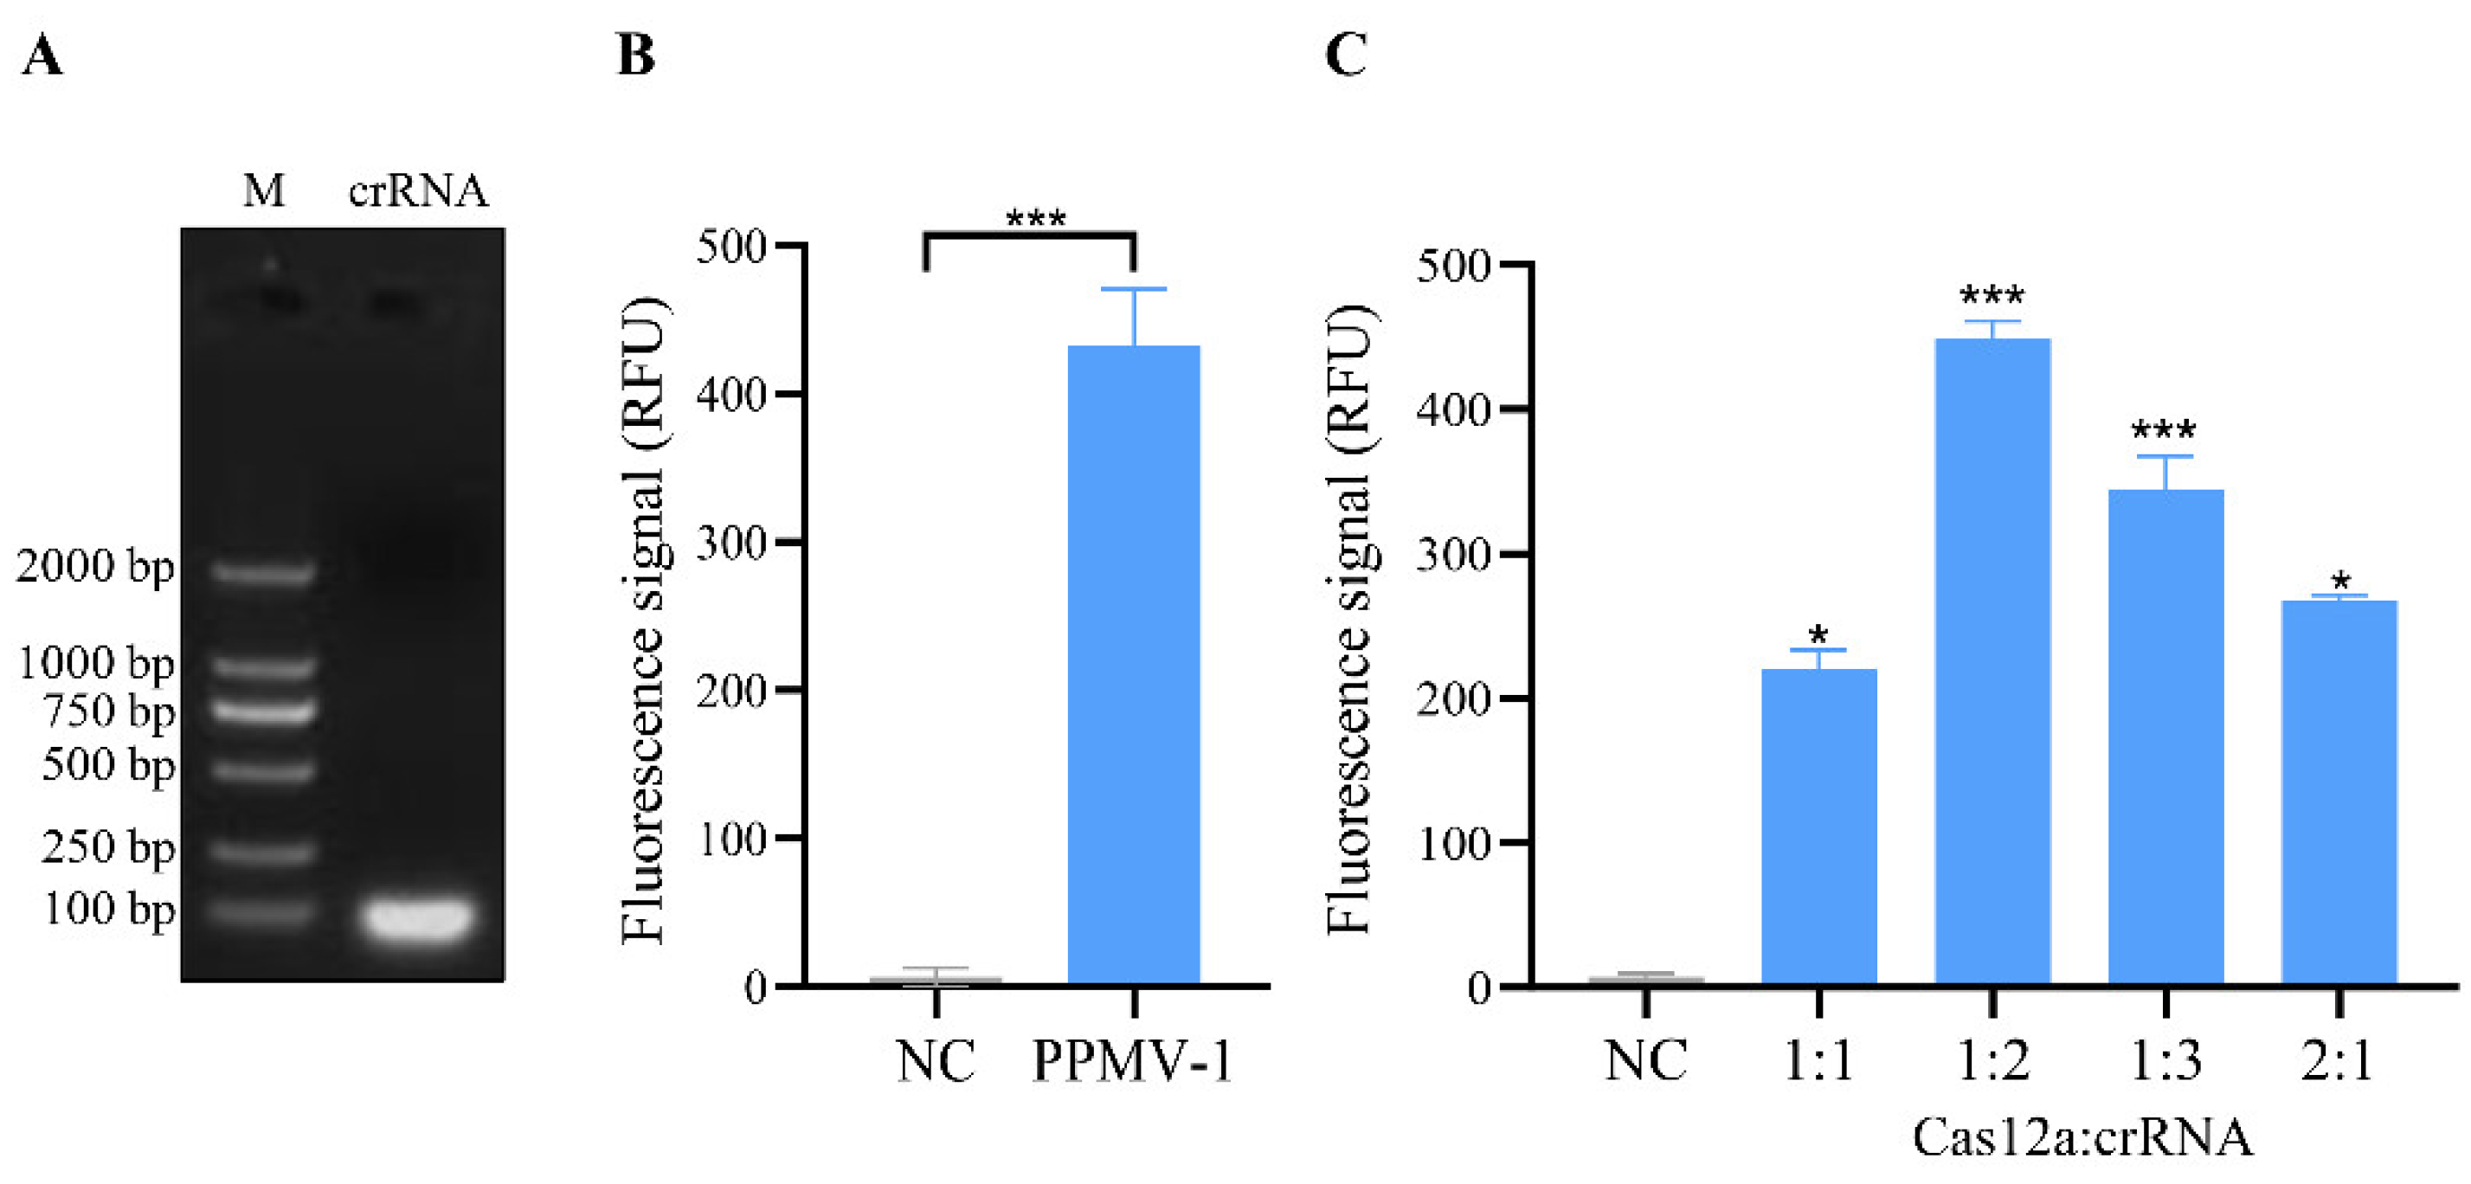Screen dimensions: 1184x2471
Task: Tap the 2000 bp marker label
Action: point(94,566)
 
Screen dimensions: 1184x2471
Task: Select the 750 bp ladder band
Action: point(263,711)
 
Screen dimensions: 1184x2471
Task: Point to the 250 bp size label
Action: point(107,847)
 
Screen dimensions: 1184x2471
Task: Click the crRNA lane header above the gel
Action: point(417,191)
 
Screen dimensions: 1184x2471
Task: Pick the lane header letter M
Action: point(263,191)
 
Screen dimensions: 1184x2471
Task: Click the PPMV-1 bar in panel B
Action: point(1133,662)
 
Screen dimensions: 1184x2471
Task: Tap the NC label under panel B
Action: point(936,1061)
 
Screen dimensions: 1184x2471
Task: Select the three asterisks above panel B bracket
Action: point(1035,220)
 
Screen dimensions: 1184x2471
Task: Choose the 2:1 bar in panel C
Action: point(2339,792)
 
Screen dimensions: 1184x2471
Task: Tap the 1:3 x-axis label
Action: point(2165,1061)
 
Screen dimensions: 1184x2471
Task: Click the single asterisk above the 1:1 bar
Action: point(1818,635)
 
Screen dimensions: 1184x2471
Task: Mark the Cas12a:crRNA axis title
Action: point(2082,1138)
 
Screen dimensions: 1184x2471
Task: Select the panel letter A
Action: point(42,55)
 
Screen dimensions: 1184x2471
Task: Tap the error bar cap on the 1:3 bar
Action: point(2165,457)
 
